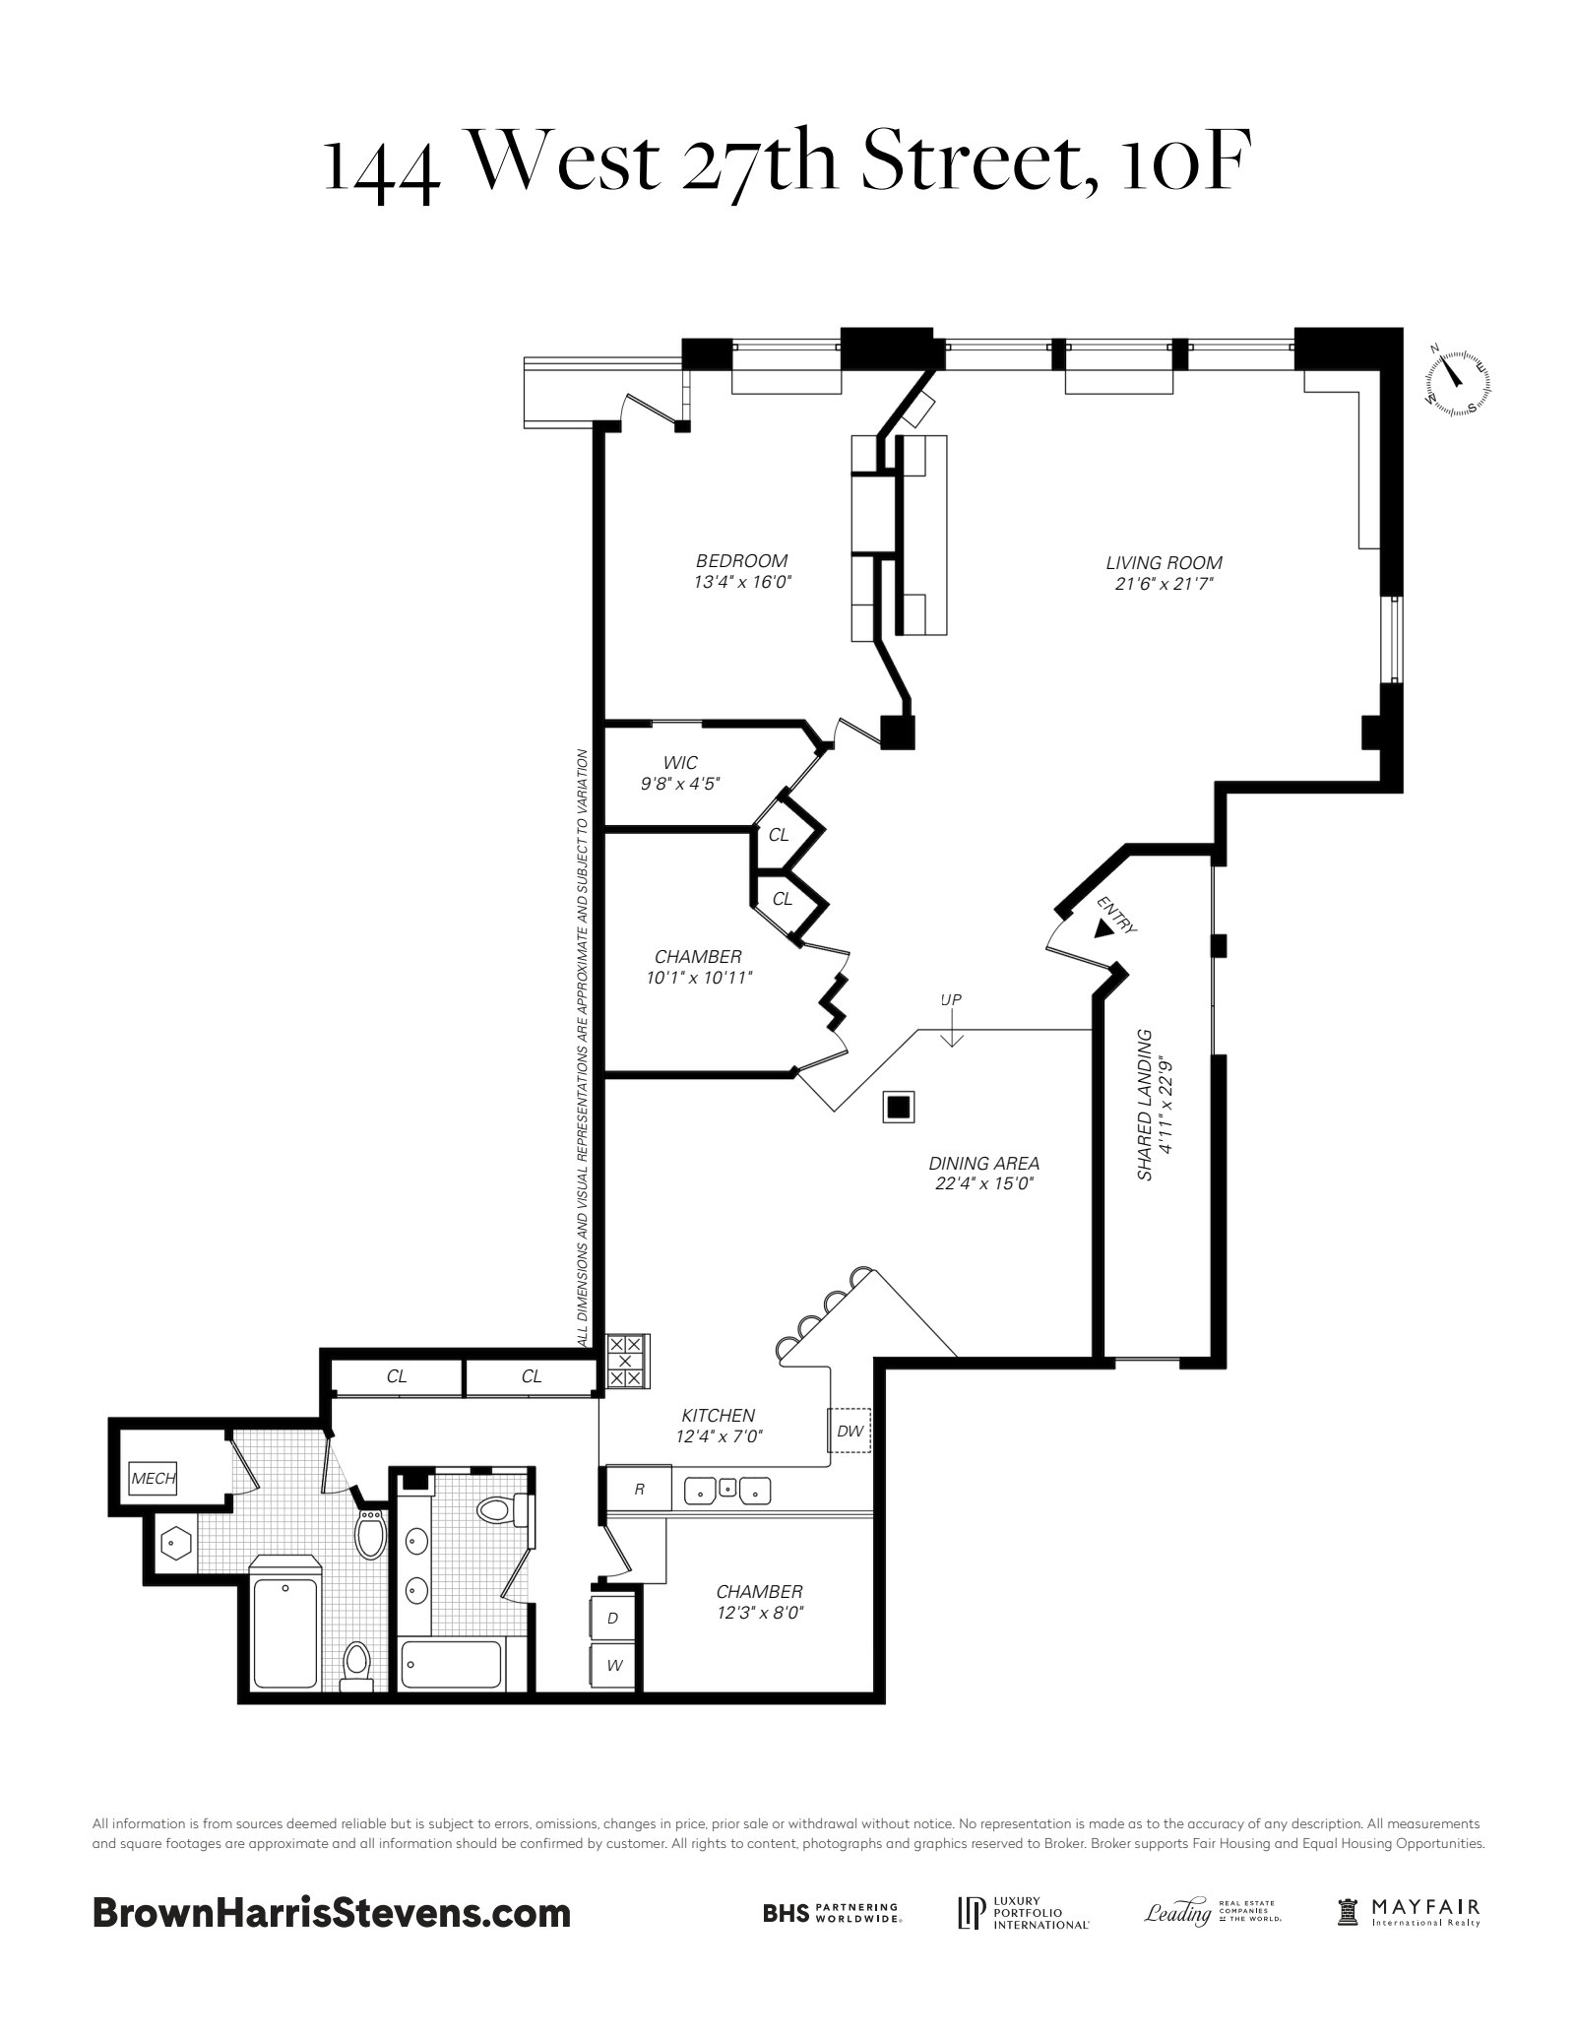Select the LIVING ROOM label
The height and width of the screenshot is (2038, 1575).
(1164, 563)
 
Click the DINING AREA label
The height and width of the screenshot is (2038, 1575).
(984, 1163)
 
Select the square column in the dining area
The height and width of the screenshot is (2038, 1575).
(898, 1107)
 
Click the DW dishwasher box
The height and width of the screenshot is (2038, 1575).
(850, 1432)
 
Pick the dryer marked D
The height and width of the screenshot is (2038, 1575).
(612, 1618)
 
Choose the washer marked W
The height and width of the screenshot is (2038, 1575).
(613, 1666)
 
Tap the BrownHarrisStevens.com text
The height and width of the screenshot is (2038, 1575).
(332, 1912)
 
